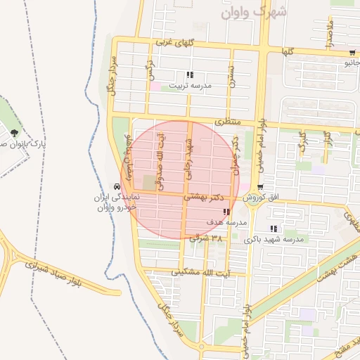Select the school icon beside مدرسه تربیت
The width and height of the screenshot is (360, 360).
coord(190,75)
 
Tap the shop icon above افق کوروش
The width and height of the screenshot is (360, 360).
coord(261,187)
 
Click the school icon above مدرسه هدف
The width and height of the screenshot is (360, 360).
coord(225,212)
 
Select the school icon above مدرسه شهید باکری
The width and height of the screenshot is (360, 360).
coord(273,229)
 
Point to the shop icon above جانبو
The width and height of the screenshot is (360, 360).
coord(352,53)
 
